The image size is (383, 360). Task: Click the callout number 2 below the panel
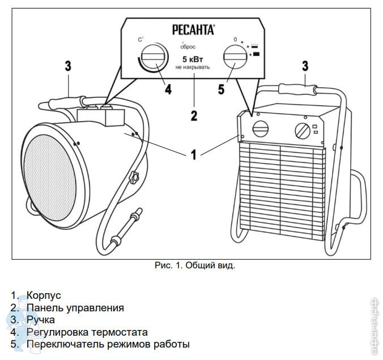click(194, 116)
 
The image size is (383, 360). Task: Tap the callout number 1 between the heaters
click(194, 154)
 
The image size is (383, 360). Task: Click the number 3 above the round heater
click(67, 66)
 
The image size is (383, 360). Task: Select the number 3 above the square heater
click(305, 66)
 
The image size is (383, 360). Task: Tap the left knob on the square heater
click(261, 128)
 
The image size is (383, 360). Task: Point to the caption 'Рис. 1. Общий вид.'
click(194, 265)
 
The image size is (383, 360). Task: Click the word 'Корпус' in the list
click(44, 295)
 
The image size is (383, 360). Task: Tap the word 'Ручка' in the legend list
click(41, 320)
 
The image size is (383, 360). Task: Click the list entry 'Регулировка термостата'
click(87, 332)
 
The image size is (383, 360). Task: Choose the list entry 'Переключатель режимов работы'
click(108, 344)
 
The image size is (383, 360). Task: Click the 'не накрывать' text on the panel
click(193, 67)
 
